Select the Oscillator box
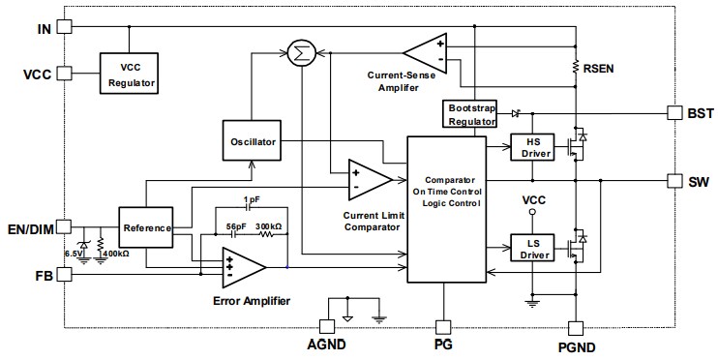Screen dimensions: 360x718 [x=252, y=142]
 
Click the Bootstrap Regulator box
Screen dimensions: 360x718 [x=467, y=113]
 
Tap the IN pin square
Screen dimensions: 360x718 [x=65, y=28]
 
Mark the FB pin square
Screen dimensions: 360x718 [x=65, y=274]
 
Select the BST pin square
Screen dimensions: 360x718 [x=674, y=113]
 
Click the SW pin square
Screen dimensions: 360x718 [x=674, y=180]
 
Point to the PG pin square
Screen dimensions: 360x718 [x=444, y=326]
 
